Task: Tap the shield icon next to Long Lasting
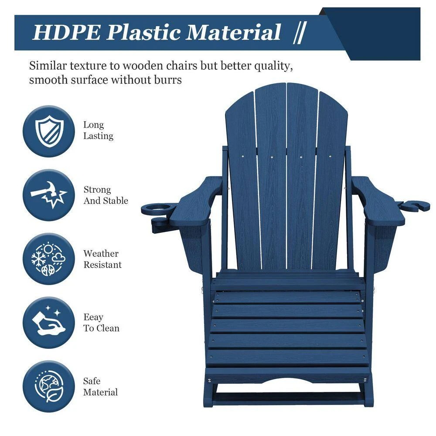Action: tap(49, 130)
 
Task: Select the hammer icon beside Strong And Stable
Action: tap(49, 195)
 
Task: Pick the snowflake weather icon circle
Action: tap(49, 259)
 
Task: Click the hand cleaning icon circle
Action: tap(49, 323)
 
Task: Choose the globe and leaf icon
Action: tap(49, 386)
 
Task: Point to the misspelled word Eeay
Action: tap(93, 317)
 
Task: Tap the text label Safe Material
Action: tap(100, 386)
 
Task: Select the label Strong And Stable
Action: tap(106, 195)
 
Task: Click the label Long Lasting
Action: tap(98, 130)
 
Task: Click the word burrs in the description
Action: tap(168, 80)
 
